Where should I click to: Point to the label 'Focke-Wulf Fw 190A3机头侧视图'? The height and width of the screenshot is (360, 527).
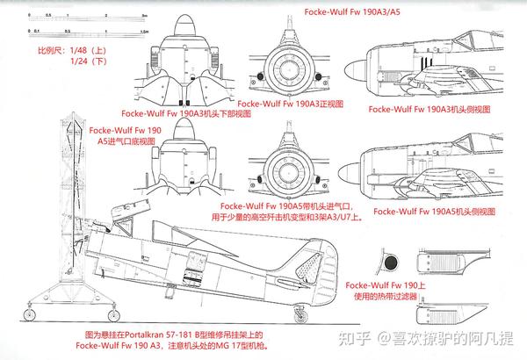(429, 110)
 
